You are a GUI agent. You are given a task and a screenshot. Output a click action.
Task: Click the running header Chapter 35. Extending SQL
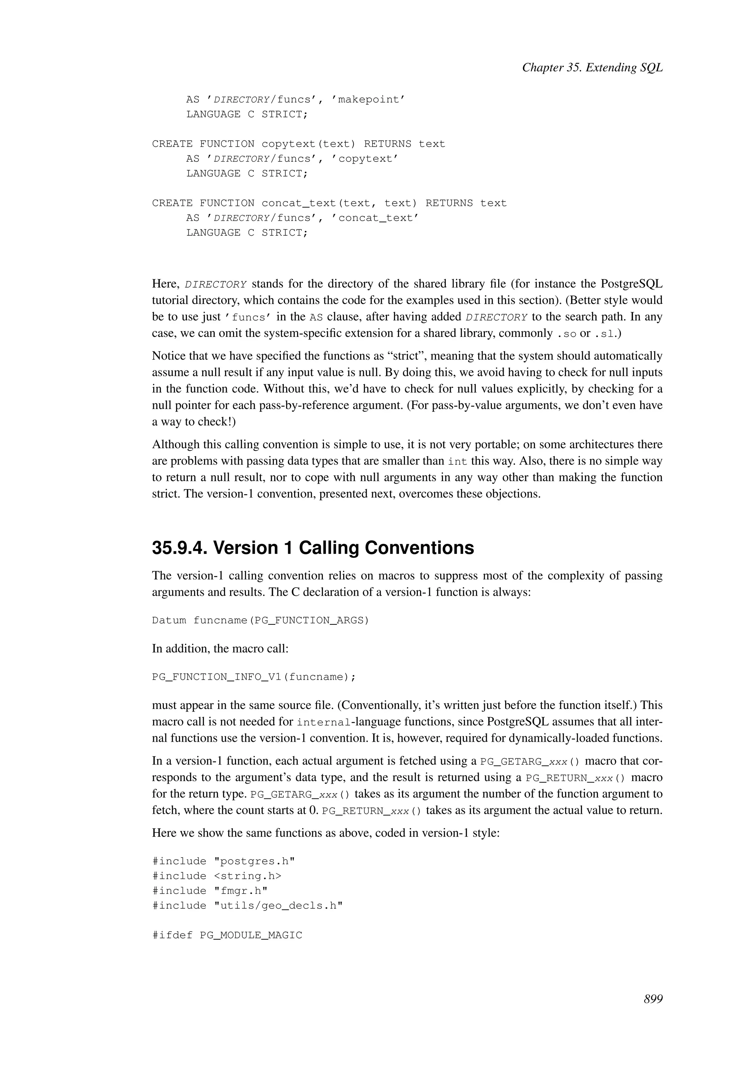(592, 68)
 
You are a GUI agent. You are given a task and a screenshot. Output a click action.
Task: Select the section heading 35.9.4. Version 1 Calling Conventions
(313, 548)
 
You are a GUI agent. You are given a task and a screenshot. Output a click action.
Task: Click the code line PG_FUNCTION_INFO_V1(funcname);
(254, 677)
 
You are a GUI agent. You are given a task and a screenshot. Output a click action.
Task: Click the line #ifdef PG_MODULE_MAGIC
(227, 935)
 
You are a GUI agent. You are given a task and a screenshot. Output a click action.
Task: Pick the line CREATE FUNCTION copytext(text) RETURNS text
(298, 144)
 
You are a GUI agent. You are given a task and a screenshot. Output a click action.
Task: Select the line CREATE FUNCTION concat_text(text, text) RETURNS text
(329, 203)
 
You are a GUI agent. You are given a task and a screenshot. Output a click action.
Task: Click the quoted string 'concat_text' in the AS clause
(375, 218)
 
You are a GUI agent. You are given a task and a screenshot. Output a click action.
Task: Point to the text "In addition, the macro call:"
(220, 648)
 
